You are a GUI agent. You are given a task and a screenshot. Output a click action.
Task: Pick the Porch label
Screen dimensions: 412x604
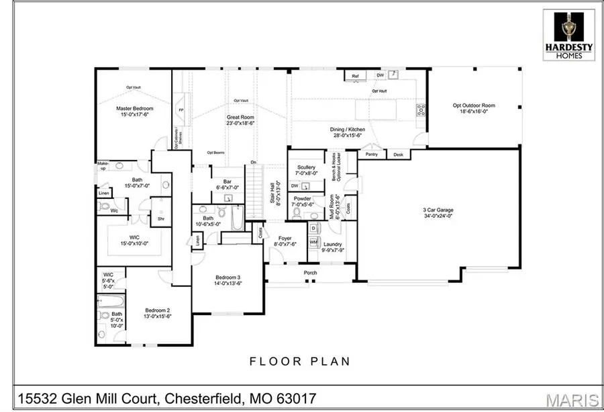[x=310, y=273]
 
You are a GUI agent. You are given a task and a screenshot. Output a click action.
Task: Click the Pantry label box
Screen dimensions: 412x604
[x=372, y=155]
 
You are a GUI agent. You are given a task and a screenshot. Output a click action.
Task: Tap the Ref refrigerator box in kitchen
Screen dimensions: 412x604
[x=356, y=77]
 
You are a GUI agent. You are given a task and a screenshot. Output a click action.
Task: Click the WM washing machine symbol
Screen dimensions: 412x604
[x=313, y=242]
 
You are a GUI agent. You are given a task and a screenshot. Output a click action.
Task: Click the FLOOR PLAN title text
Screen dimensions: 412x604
[x=300, y=362]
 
